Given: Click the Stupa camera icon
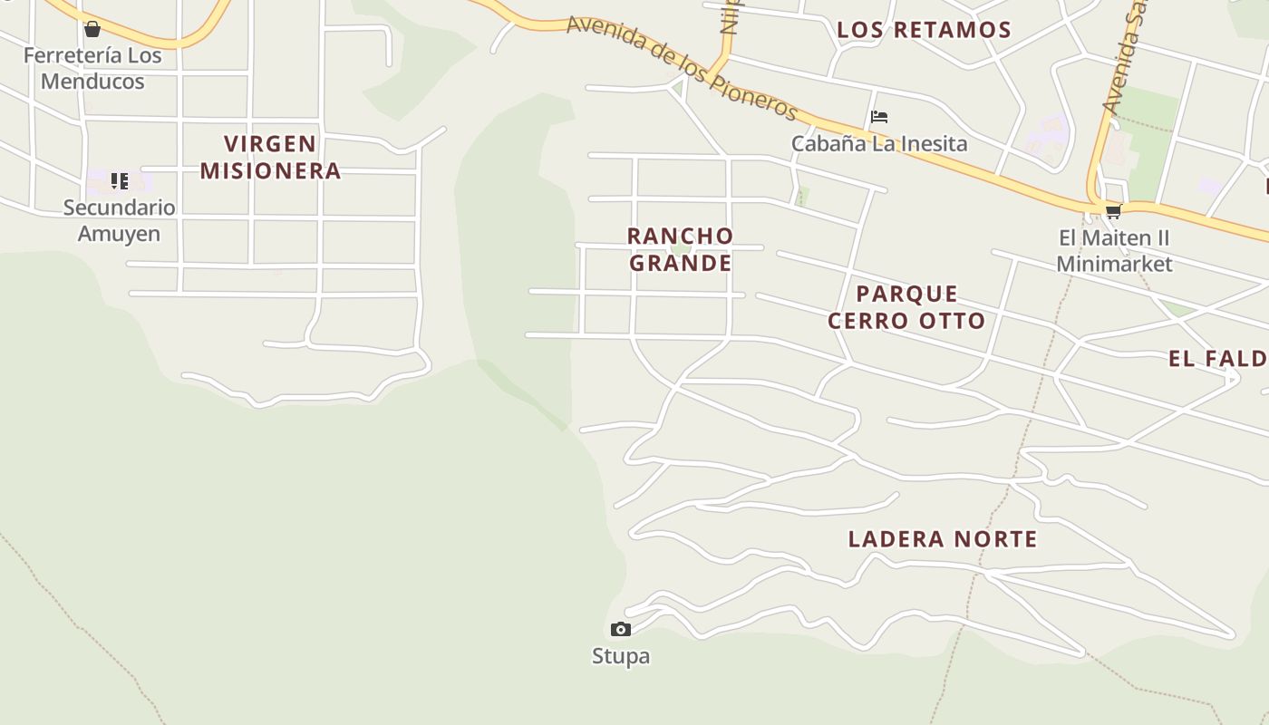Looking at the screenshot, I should coord(620,629).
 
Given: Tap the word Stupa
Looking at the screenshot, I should coord(620,655).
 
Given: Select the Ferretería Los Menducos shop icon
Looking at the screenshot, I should coord(92,30).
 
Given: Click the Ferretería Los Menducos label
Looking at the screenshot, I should coord(92,68).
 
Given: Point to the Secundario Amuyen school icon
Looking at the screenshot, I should coord(120,181).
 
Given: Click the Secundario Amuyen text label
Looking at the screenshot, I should coord(119,220).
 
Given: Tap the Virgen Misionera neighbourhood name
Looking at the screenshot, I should coord(270,157).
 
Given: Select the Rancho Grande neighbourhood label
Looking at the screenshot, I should coord(680,249).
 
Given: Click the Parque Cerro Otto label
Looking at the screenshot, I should coord(906,307).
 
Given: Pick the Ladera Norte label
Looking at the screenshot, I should coord(943,539).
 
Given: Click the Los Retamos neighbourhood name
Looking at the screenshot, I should coord(924,30).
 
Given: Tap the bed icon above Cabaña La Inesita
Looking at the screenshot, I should coord(878,117).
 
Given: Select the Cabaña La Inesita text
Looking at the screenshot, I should coord(878,143).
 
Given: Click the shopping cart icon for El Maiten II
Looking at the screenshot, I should coord(1113,212).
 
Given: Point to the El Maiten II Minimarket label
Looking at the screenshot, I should coord(1114,251).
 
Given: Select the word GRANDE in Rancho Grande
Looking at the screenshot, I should coord(680,264).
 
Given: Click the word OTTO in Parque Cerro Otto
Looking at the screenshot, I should coord(951,321).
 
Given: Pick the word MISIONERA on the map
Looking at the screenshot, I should coord(270,170).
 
